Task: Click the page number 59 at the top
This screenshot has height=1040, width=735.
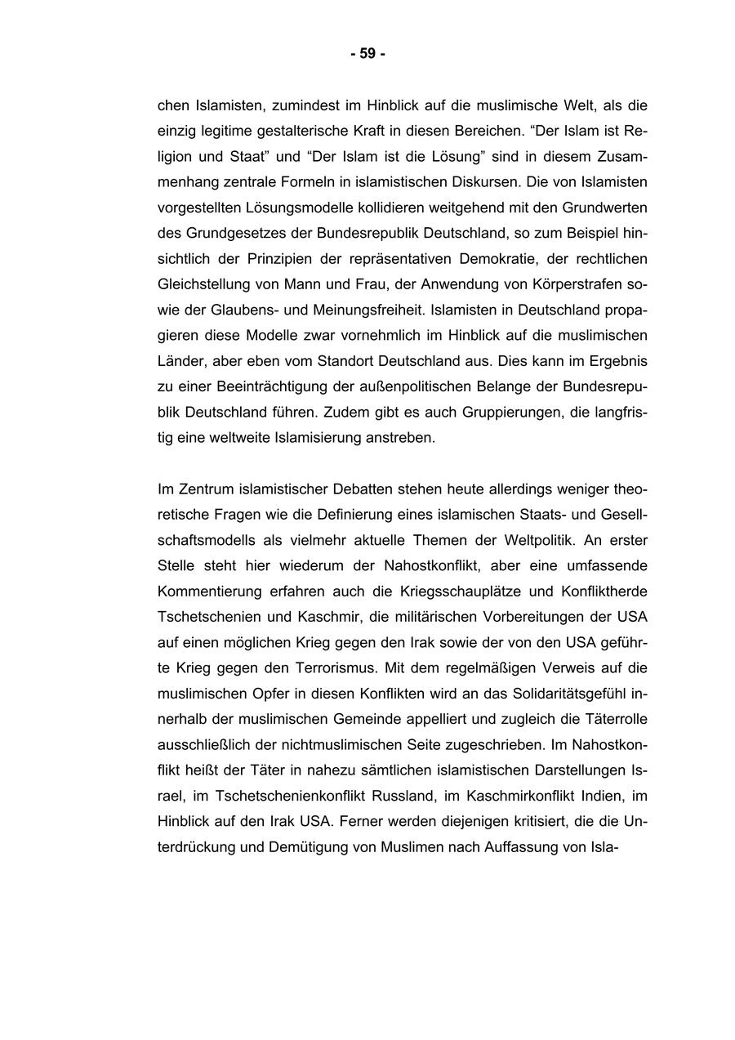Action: click(367, 54)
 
